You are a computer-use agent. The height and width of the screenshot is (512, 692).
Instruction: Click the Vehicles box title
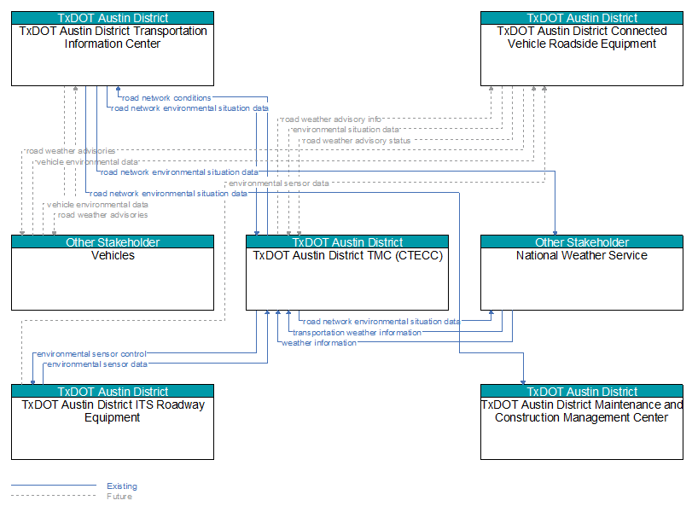click(x=113, y=255)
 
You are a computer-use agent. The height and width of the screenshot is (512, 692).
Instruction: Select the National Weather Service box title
click(x=582, y=255)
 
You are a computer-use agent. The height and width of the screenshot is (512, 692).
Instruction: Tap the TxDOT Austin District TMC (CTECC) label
click(x=347, y=255)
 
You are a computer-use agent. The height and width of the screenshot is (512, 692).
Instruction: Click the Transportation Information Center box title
click(x=113, y=38)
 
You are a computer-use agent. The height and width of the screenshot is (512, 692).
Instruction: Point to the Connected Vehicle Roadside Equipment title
click(x=582, y=38)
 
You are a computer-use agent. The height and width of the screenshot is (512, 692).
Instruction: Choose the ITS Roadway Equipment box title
click(x=113, y=411)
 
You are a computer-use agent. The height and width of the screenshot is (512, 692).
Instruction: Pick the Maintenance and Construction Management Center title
click(x=582, y=411)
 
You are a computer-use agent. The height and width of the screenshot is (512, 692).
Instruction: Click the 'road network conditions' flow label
click(x=166, y=98)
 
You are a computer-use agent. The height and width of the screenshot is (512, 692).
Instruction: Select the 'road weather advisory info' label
click(x=331, y=119)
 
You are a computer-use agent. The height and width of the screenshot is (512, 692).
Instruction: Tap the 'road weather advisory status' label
click(x=357, y=141)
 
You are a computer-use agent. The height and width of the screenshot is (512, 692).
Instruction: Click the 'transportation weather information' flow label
click(x=357, y=332)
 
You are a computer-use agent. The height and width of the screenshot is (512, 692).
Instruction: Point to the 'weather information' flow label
click(x=319, y=343)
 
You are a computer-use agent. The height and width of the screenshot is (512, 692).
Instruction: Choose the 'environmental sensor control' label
click(x=91, y=354)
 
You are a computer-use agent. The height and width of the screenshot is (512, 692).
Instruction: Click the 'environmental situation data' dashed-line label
click(x=346, y=130)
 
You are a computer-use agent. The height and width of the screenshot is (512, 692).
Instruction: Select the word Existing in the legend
click(x=122, y=486)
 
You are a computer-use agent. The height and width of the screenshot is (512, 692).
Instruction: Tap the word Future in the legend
click(x=119, y=497)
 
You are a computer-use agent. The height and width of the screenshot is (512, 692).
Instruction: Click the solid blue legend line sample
click(x=54, y=486)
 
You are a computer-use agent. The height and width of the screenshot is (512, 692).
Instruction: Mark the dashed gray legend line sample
click(x=54, y=496)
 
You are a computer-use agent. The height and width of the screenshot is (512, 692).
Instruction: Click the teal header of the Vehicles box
click(x=113, y=241)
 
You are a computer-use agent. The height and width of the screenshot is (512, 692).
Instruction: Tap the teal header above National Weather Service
click(x=582, y=241)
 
